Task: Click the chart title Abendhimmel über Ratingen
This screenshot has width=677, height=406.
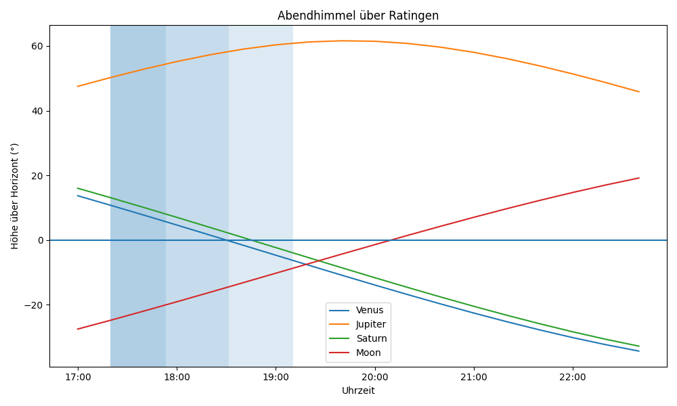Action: tap(358, 16)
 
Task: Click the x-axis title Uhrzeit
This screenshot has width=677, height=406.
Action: tap(358, 390)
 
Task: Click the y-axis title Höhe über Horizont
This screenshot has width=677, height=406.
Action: tap(15, 196)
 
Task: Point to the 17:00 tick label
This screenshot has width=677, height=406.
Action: tap(78, 377)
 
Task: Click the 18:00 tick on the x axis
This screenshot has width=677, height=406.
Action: tap(177, 377)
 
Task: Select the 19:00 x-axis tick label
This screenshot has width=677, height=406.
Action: tap(276, 377)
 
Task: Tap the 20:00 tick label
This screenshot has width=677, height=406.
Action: tap(374, 377)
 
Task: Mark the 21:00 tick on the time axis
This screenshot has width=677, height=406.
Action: tap(474, 377)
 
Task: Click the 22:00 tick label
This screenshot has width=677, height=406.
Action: tap(573, 377)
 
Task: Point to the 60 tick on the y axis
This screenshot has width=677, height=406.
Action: tap(37, 46)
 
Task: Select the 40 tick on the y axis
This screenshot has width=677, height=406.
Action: tap(37, 111)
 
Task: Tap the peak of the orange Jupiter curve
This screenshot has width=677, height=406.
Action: tap(342, 41)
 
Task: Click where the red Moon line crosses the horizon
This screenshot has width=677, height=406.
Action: tap(389, 240)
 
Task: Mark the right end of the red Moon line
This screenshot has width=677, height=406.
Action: tap(639, 178)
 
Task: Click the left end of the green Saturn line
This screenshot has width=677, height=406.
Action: tap(78, 188)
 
